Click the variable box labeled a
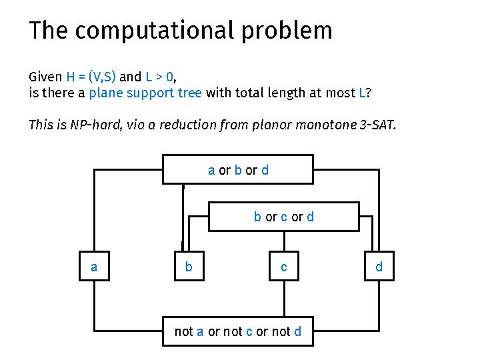94,267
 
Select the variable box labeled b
189,267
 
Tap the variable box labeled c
284,267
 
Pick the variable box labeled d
379,267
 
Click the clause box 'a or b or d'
238,170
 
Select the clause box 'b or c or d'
284,217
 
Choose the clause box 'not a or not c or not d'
238,331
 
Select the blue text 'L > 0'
160,77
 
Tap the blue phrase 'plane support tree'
145,93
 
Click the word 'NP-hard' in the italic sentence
92,125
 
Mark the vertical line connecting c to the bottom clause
285,298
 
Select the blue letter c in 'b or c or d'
284,217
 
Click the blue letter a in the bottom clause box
200,331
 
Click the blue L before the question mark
362,93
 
